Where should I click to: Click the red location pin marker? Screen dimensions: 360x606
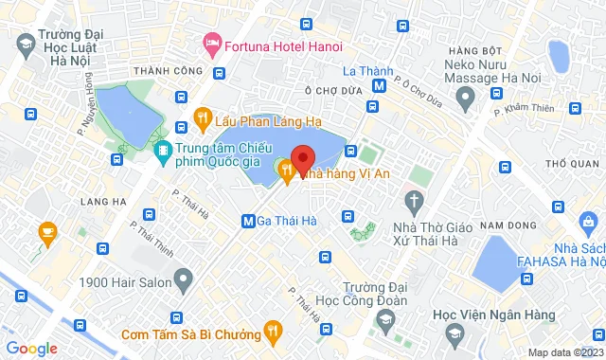point(302,159)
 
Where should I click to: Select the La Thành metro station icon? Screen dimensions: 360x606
point(379,85)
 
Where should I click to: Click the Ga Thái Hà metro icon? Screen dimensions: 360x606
point(248,221)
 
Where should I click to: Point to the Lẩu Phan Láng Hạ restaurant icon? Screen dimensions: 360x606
point(201,117)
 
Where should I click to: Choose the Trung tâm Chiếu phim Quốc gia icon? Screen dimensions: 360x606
point(165,150)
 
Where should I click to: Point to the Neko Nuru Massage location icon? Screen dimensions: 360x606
point(465,96)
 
